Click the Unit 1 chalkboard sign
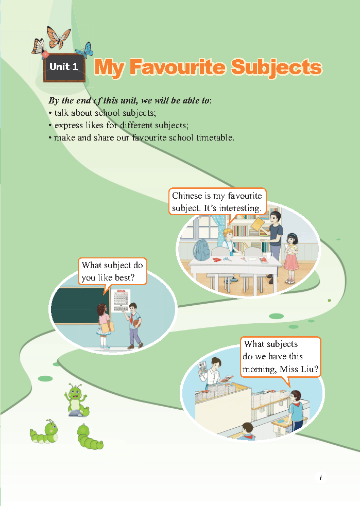tap(64, 67)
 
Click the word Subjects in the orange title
tap(277, 68)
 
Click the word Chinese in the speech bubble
tap(187, 196)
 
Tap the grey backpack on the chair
tap(201, 250)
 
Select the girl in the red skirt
tap(292, 258)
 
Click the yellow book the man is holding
tap(258, 224)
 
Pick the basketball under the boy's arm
tap(137, 323)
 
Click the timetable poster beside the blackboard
tap(120, 301)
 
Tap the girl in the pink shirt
tap(104, 326)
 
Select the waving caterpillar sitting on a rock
tap(77, 400)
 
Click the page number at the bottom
tap(320, 478)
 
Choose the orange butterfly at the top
tap(58, 37)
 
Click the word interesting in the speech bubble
tap(240, 208)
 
